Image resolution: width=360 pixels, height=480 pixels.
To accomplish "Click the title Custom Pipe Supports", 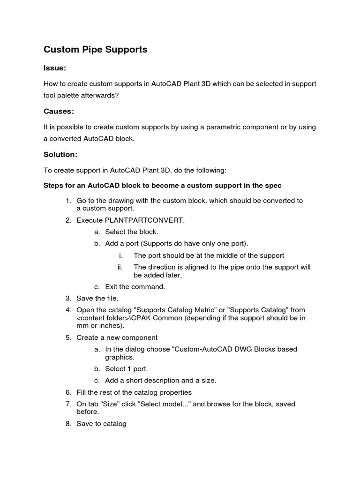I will click(x=96, y=49).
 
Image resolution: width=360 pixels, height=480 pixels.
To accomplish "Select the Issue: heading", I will click(x=55, y=68).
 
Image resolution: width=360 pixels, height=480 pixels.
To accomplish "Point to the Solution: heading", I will click(x=60, y=154).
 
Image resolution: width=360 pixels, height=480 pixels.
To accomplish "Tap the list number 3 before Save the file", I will click(x=68, y=298).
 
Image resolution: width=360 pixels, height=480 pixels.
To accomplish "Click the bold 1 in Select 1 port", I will click(x=129, y=368).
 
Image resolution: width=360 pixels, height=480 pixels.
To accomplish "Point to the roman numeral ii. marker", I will click(x=120, y=267).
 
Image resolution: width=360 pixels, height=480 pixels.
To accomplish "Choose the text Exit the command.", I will click(x=135, y=286).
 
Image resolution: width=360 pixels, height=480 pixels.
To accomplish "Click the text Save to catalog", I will click(x=101, y=424).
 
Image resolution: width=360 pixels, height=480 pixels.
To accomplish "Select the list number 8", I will click(x=68, y=424).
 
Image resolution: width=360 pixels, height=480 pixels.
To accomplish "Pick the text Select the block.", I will click(x=132, y=232).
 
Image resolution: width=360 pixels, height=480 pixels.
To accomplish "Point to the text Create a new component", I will click(x=117, y=337).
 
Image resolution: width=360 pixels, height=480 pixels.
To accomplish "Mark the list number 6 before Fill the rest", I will click(x=68, y=392).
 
